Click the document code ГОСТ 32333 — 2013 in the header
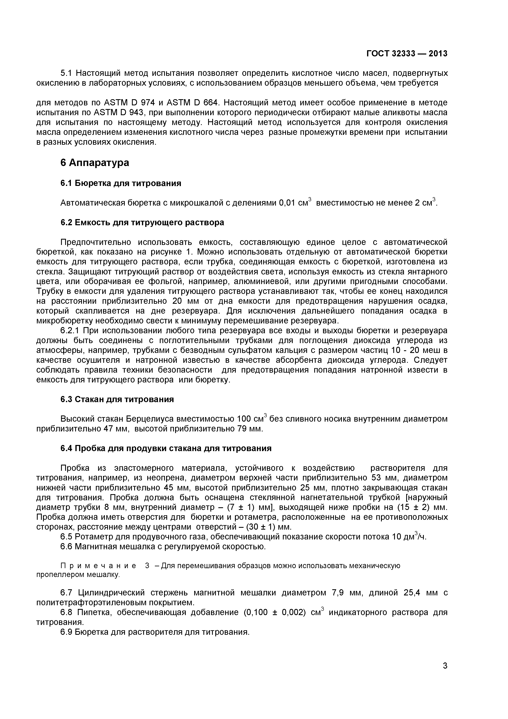click(x=407, y=53)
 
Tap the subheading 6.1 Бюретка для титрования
click(x=121, y=183)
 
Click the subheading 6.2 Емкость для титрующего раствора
click(x=142, y=222)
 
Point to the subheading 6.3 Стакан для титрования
click(x=117, y=400)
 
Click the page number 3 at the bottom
click(x=445, y=674)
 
